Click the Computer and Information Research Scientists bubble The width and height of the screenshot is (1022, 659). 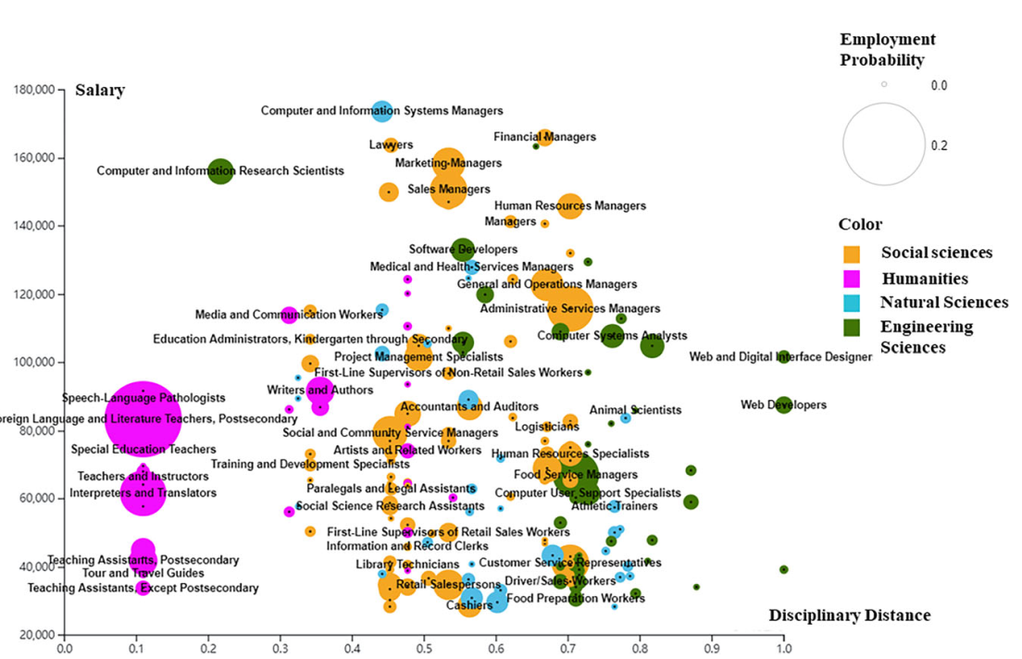[x=219, y=171]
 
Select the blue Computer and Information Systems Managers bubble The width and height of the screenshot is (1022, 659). [x=381, y=111]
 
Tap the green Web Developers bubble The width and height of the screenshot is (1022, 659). [x=783, y=404]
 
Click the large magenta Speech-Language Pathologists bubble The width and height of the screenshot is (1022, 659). [x=142, y=418]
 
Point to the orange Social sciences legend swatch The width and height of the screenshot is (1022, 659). [x=853, y=253]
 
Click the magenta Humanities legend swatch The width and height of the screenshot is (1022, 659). [x=853, y=278]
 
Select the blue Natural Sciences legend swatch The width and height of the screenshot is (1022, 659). [x=853, y=303]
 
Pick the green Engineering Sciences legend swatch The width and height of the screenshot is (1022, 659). [x=853, y=327]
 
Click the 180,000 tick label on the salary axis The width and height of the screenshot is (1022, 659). [x=33, y=91]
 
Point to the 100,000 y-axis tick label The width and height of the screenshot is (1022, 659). [x=33, y=363]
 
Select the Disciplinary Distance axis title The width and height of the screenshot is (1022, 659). [x=850, y=615]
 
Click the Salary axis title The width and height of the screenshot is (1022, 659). [x=100, y=90]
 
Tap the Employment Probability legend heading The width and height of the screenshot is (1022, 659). [x=887, y=50]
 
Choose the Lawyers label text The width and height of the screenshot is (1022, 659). [x=384, y=145]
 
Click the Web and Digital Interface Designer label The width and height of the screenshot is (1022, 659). [x=780, y=357]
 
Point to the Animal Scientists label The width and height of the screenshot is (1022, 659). [x=635, y=410]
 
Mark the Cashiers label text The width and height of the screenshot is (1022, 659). [x=469, y=605]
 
